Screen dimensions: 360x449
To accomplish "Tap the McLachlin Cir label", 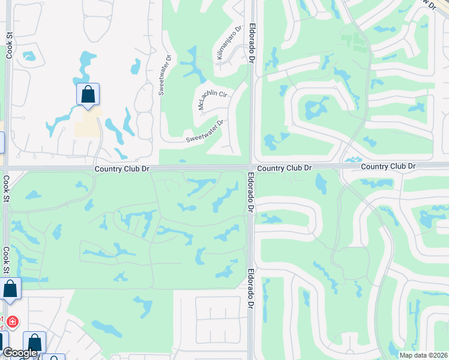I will click(x=213, y=100).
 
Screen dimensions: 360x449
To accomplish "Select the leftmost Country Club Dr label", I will click(x=121, y=170).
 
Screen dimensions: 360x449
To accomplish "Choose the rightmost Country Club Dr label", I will click(x=389, y=166).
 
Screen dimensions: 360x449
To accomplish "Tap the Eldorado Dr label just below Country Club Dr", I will click(x=250, y=193).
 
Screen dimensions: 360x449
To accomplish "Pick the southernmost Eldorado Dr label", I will click(x=250, y=289).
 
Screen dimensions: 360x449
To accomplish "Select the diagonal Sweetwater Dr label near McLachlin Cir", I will click(x=204, y=131).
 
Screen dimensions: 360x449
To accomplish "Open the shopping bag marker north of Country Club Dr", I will click(x=88, y=95).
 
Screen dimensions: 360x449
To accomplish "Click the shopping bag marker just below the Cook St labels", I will click(x=11, y=289).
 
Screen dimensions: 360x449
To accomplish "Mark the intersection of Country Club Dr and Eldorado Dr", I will click(x=250, y=167).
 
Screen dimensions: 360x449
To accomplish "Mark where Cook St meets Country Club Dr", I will click(x=6, y=168).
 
